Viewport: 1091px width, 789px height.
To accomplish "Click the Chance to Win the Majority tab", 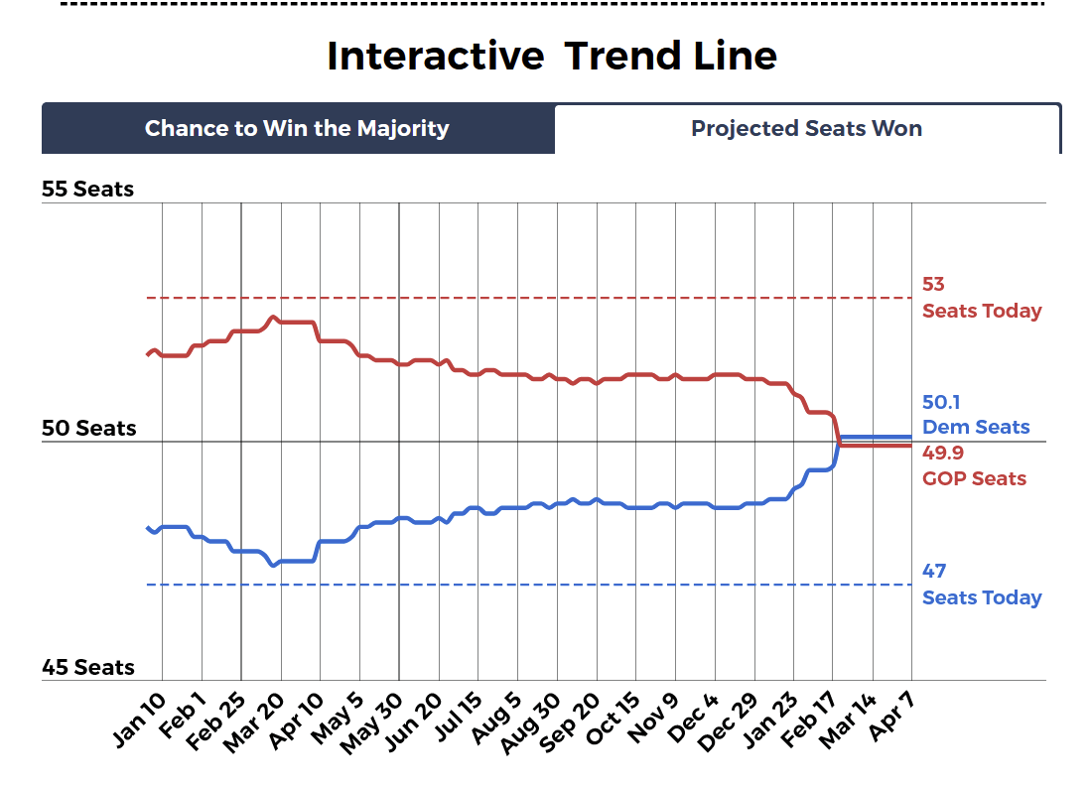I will [297, 129].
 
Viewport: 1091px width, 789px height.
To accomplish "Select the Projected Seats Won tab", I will [806, 129].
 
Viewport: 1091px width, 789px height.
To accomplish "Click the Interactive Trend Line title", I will [551, 56].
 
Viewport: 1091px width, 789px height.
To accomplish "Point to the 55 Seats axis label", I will [87, 189].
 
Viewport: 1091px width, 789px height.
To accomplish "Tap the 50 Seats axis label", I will [88, 429].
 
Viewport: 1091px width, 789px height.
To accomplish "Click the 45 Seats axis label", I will [87, 667].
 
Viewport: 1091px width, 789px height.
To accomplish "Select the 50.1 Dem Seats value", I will [976, 415].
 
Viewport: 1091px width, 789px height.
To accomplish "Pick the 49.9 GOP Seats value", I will [974, 465].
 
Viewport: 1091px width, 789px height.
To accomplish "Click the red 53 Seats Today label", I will [981, 298].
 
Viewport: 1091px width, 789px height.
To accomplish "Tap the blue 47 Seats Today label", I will [981, 585].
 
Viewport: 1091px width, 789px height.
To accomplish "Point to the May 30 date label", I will [372, 722].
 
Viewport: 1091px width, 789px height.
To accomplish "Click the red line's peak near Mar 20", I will [273, 318].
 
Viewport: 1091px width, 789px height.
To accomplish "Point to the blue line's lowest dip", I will [273, 565].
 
